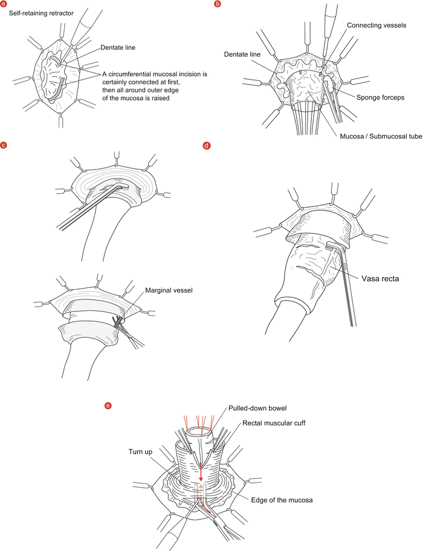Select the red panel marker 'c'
coord(4,145)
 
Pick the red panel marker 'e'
coord(107,405)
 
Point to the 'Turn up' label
coord(140,451)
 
